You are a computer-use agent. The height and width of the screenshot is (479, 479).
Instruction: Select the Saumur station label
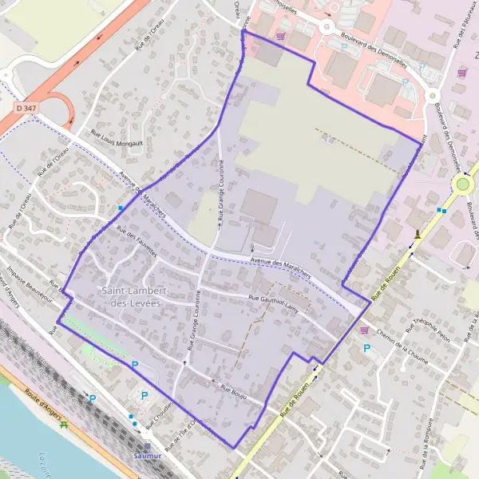(148, 457)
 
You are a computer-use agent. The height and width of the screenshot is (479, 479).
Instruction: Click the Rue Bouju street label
(233, 392)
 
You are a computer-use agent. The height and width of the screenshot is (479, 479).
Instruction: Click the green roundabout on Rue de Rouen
(462, 185)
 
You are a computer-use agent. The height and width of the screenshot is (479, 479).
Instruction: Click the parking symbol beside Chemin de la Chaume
(367, 348)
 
